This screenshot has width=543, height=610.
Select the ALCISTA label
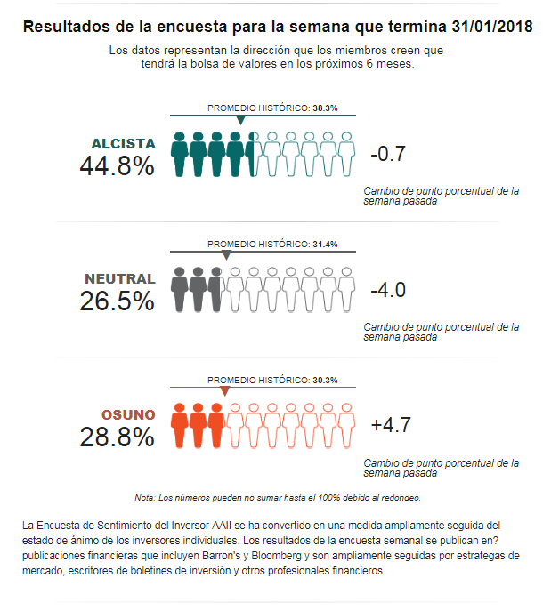[x=123, y=144]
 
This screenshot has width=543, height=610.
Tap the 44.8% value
[x=117, y=166]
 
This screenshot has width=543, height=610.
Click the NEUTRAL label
[x=120, y=279]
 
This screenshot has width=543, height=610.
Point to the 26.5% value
[x=117, y=301]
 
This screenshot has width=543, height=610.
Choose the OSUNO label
[x=128, y=415]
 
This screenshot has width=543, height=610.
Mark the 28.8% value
[x=117, y=437]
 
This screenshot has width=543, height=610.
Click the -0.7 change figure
[x=388, y=154]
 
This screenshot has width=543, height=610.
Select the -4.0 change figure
[x=388, y=290]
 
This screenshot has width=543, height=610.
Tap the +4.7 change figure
[x=390, y=425]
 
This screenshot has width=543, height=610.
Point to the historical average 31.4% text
[x=324, y=244]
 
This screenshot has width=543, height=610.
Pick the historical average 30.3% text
[x=324, y=381]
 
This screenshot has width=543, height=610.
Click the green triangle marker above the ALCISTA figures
[x=240, y=120]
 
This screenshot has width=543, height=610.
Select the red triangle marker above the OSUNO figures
[x=224, y=392]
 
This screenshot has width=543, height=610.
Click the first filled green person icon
[x=179, y=154]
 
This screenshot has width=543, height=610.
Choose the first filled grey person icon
[x=179, y=290]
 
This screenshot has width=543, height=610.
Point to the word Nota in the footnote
[x=143, y=497]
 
